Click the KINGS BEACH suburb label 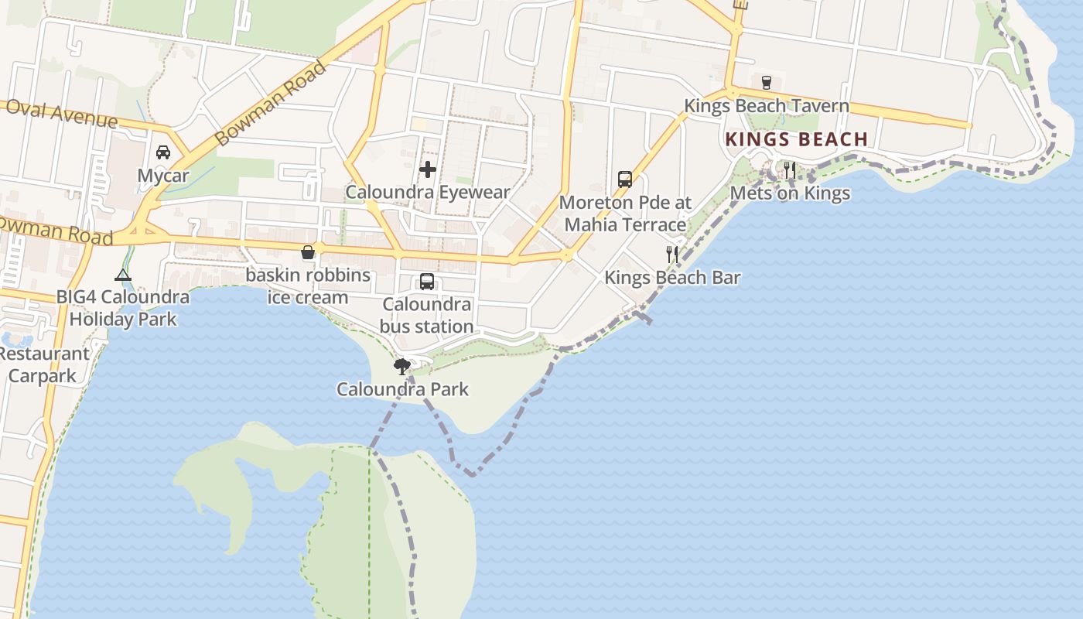(x=796, y=140)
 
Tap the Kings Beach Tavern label (x=766, y=106)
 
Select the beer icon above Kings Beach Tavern (x=767, y=82)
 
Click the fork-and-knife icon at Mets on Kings (x=790, y=170)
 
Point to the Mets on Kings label (x=790, y=193)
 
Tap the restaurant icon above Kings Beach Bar (x=672, y=254)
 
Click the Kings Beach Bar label (x=672, y=278)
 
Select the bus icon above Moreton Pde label (x=625, y=180)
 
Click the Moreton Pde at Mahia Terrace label (x=624, y=214)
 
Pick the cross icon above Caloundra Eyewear (x=428, y=169)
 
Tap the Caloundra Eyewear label (x=428, y=193)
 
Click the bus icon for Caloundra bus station (x=427, y=282)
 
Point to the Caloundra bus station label (x=427, y=316)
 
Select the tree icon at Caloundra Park (x=401, y=366)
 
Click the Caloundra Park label (x=402, y=388)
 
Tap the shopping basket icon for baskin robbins (x=308, y=252)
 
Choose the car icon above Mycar (x=163, y=152)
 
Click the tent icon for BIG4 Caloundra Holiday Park (x=122, y=275)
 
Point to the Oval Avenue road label (x=61, y=115)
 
